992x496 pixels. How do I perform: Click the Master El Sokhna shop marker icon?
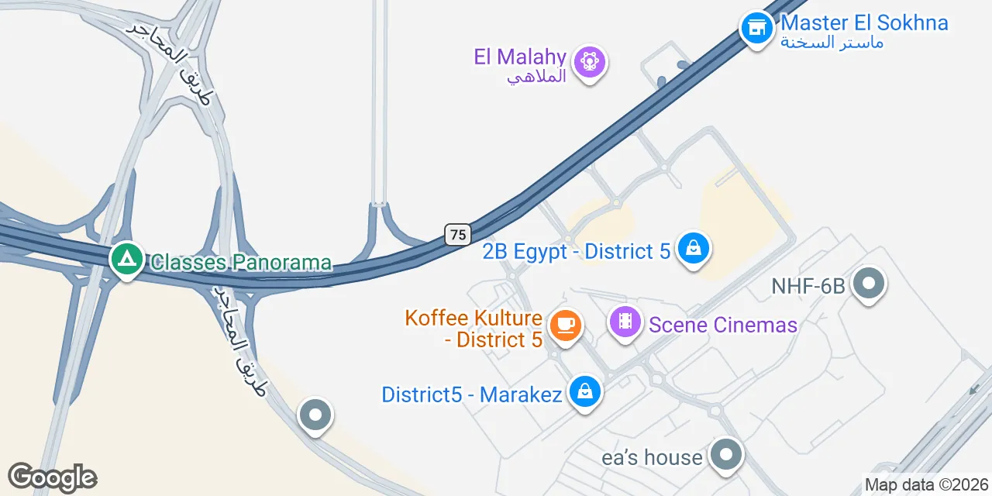pyautogui.click(x=756, y=29)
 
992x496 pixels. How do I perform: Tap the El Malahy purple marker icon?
pyautogui.click(x=590, y=60)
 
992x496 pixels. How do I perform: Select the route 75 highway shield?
pyautogui.click(x=458, y=234)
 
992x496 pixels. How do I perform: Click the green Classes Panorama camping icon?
pyautogui.click(x=126, y=259)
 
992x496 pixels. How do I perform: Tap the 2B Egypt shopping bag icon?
pyautogui.click(x=694, y=249)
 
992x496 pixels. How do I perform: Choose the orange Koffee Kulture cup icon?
pyautogui.click(x=565, y=325)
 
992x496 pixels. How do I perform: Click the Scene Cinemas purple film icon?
pyautogui.click(x=625, y=322)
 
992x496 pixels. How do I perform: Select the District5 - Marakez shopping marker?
pyautogui.click(x=585, y=392)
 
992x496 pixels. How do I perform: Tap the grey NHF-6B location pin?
pyautogui.click(x=868, y=284)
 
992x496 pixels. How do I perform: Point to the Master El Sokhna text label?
pyautogui.click(x=864, y=22)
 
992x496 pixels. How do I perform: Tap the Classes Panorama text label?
pyautogui.click(x=241, y=263)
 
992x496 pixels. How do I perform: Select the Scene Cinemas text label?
pyautogui.click(x=723, y=325)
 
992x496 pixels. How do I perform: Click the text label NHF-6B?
pyautogui.click(x=808, y=287)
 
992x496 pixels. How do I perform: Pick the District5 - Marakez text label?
pyautogui.click(x=471, y=394)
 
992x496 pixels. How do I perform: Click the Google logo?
pyautogui.click(x=52, y=477)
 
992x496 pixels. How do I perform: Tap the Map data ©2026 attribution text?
pyautogui.click(x=927, y=485)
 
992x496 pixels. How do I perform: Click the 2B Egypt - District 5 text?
pyautogui.click(x=576, y=252)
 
